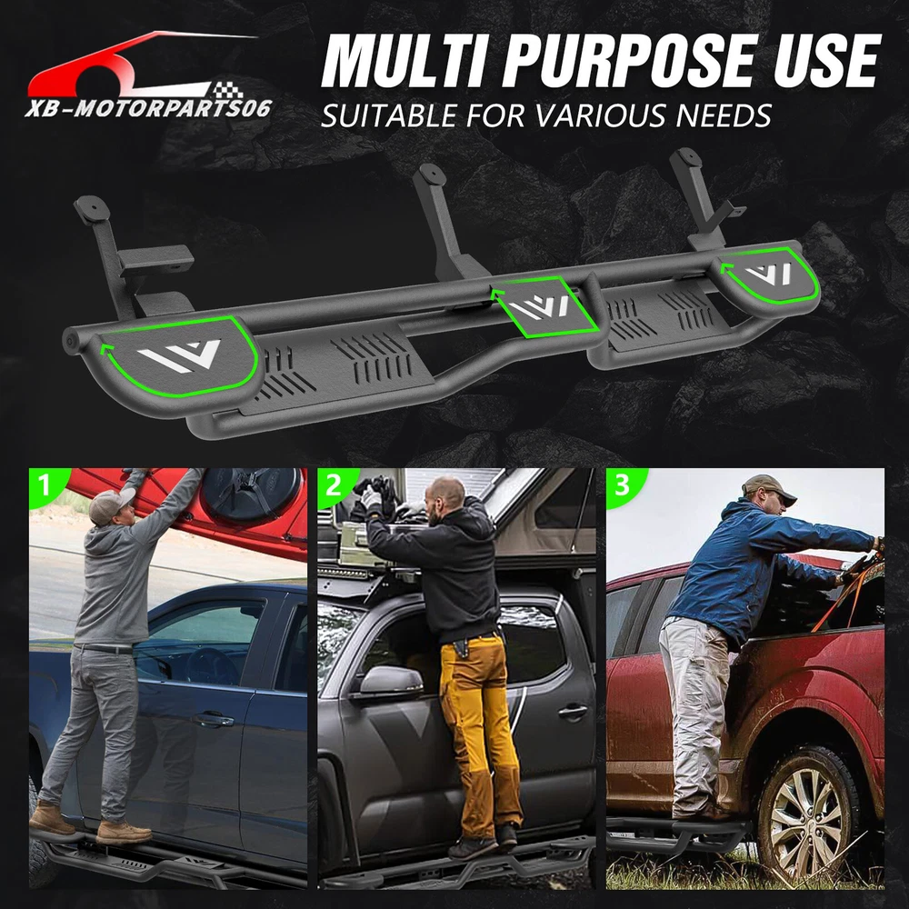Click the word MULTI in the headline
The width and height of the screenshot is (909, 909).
404,60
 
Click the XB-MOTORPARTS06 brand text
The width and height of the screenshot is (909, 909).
148,108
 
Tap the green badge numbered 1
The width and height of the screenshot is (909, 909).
47,485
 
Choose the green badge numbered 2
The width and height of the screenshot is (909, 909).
335,485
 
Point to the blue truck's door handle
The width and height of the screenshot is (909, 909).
214,720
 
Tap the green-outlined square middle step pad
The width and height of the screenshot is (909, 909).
544,306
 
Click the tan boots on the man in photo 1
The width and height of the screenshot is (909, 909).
90,824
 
